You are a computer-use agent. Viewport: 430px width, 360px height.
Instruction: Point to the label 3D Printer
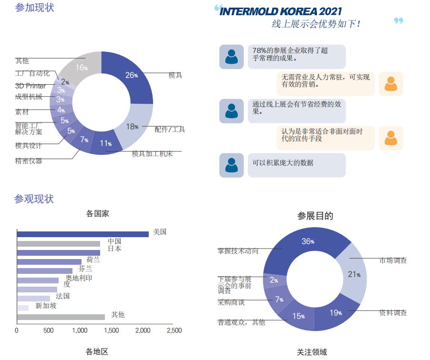pos(31,86)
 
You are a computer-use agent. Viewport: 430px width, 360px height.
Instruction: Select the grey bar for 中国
pos(58,243)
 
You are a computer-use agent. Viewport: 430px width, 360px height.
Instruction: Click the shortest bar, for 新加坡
pos(22,308)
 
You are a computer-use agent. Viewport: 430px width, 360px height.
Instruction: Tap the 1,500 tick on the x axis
pos(111,330)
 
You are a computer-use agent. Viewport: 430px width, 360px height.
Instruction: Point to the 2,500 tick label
pos(174,330)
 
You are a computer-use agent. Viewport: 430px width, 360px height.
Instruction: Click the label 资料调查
pos(393,313)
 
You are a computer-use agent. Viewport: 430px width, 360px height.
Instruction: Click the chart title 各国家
pos(97,214)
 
